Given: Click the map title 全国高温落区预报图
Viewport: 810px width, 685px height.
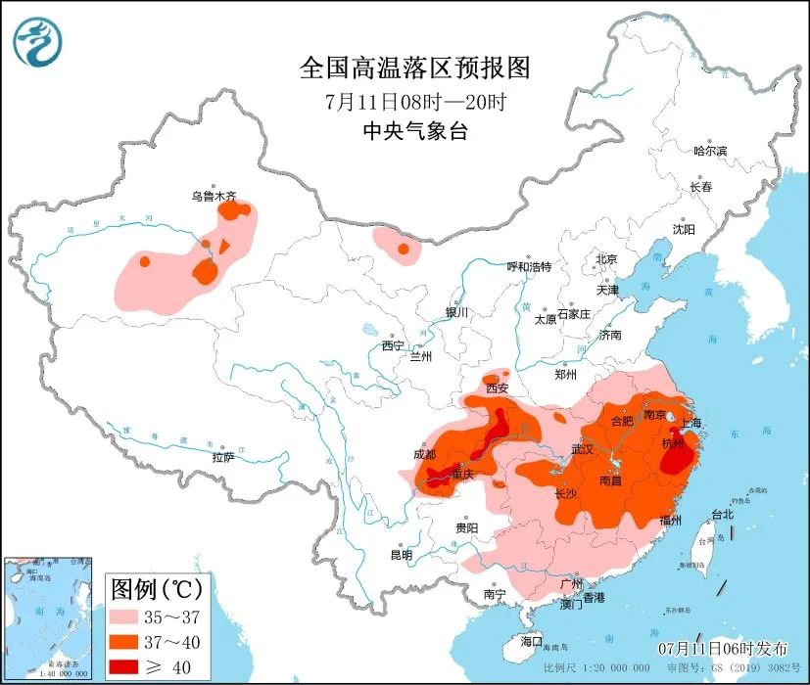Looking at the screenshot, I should (x=414, y=68).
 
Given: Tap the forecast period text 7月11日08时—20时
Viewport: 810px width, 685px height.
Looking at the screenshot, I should (x=414, y=101).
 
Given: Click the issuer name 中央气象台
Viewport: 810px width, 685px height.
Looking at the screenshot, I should (x=414, y=131).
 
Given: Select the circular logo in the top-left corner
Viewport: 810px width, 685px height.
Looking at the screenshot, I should (x=37, y=43).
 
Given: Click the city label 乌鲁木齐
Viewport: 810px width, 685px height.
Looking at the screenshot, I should (x=214, y=196).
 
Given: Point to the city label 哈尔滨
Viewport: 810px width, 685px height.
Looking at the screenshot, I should (x=709, y=151).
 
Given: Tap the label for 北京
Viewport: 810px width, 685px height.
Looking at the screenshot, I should (x=606, y=259).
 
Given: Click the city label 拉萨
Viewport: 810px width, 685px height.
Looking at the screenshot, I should (x=223, y=457).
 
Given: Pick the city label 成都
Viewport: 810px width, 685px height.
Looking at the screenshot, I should (x=424, y=454).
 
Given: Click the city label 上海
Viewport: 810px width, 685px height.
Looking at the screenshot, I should (x=691, y=423).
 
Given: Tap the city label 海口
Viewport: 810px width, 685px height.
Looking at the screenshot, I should (x=532, y=641).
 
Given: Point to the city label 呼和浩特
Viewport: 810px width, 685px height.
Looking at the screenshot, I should (x=529, y=267).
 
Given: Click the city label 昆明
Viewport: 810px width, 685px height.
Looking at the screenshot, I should (x=402, y=555).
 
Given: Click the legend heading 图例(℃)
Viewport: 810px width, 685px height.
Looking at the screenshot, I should (x=157, y=589).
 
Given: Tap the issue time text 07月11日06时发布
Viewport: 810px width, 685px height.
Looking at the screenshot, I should (x=722, y=649).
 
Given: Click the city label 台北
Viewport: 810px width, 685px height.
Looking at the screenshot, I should (x=722, y=514).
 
